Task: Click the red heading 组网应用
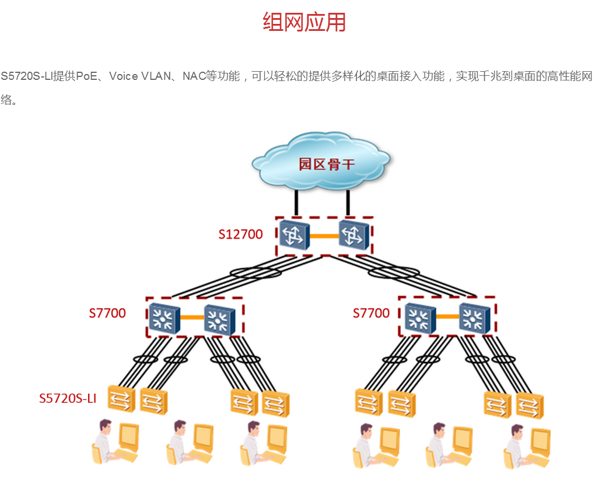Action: [304, 22]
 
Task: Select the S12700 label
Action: [240, 234]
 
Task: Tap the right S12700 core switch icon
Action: [353, 235]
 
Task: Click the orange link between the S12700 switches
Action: [324, 236]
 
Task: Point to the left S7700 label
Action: [107, 313]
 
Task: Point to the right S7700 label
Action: [371, 313]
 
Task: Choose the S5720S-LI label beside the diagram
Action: [68, 399]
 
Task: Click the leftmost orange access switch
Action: [121, 399]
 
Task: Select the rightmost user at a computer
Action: [527, 446]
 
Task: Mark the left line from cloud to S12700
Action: [297, 202]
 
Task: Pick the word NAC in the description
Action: [192, 76]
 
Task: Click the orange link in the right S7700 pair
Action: [447, 317]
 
